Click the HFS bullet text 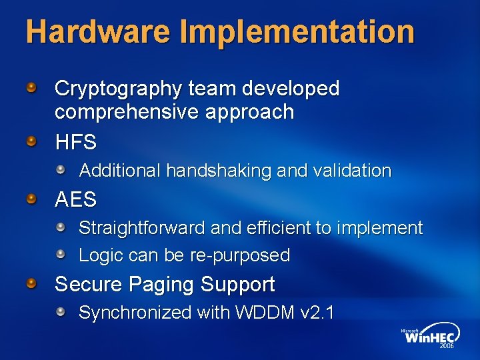(x=75, y=142)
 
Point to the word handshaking (x=219, y=171)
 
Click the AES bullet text (x=75, y=199)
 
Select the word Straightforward (x=142, y=229)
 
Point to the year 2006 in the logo (x=446, y=347)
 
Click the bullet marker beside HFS (x=31, y=141)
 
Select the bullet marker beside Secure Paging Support (x=31, y=285)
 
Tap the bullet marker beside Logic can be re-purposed (x=61, y=255)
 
